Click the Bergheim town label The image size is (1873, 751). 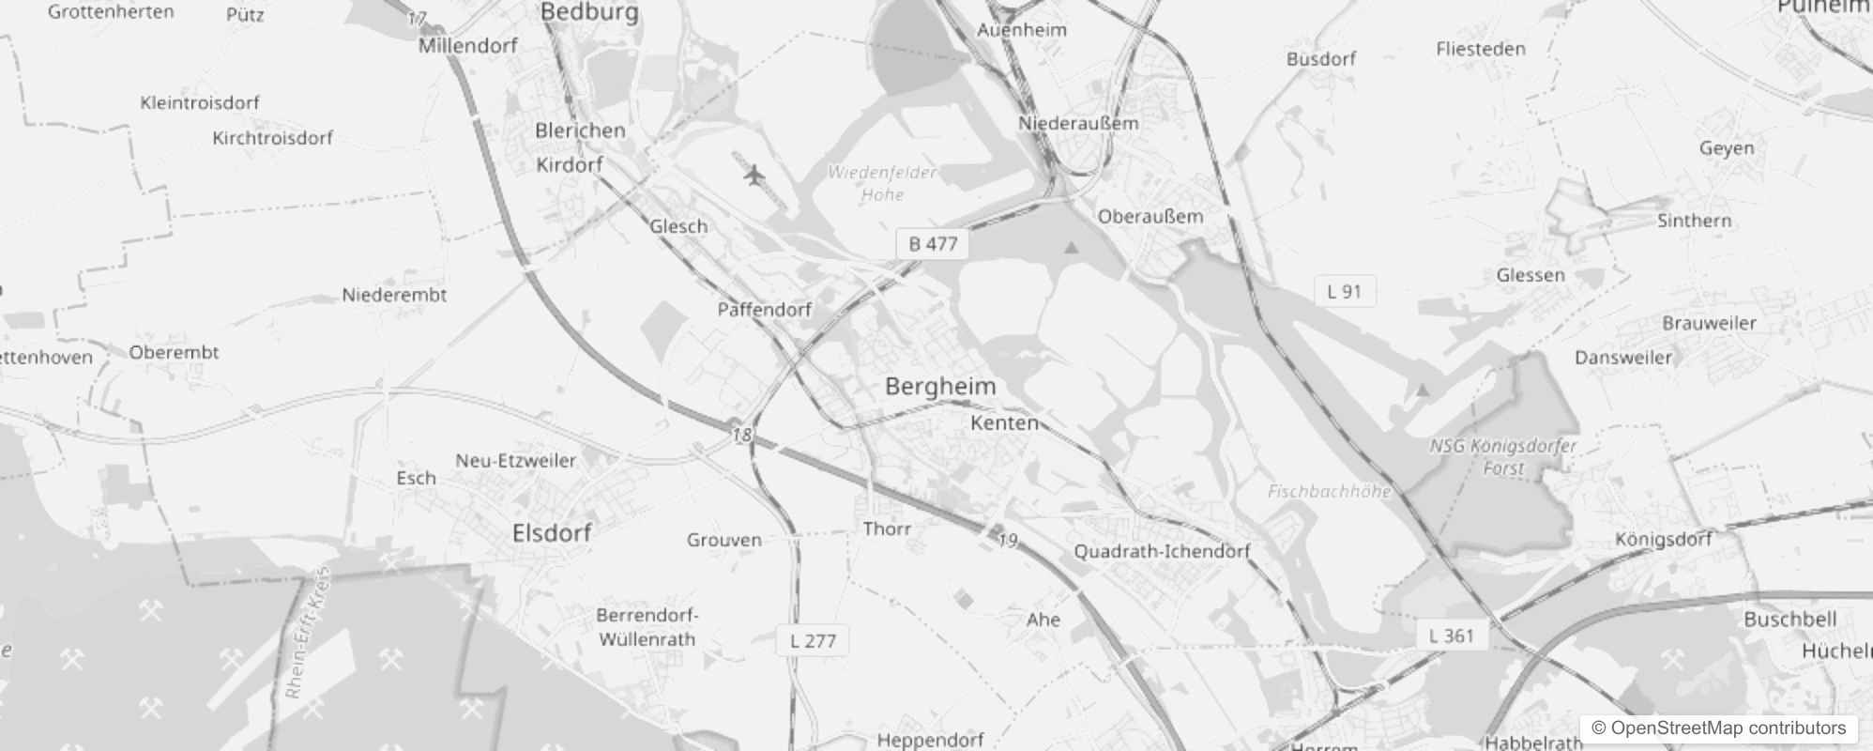pos(940,387)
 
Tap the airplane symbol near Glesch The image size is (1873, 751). pos(754,175)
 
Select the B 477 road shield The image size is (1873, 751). pos(933,244)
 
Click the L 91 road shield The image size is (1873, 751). pos(1344,291)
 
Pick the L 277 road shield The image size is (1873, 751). pos(813,641)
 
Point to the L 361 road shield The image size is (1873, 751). pos(1451,636)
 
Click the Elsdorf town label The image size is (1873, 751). pos(552,533)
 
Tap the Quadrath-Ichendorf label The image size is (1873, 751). pos(1162,551)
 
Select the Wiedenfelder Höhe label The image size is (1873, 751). pos(882,183)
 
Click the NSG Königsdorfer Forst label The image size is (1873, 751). pos(1503,456)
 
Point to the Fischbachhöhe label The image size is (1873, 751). pos(1329,491)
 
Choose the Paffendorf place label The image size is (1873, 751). pos(764,310)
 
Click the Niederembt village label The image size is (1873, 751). pos(394,295)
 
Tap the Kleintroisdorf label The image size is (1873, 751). pos(200,102)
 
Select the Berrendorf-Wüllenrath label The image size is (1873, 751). pos(647,627)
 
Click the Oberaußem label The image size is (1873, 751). pos(1150,216)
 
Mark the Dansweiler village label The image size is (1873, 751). pos(1623,358)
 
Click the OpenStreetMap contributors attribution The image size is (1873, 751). pos(1718,728)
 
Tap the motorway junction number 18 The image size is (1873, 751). pos(742,435)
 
